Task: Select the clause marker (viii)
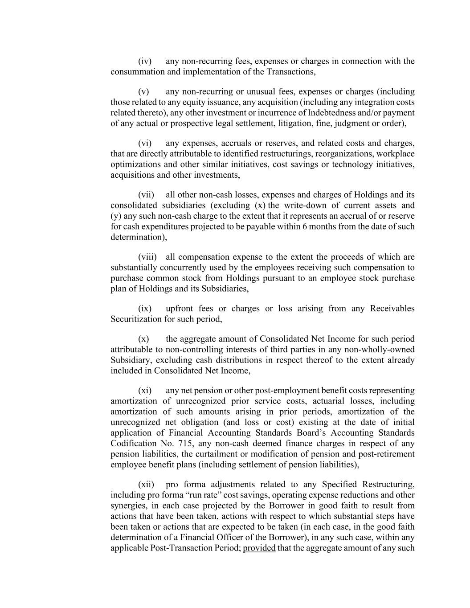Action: [x=147, y=257]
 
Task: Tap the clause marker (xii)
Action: [x=146, y=484]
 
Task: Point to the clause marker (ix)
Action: [x=145, y=309]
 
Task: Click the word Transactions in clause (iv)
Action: [x=291, y=72]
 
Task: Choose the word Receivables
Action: [x=392, y=309]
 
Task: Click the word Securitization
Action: [x=136, y=319]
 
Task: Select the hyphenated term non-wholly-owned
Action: [x=381, y=350]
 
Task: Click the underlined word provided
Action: [x=259, y=548]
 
